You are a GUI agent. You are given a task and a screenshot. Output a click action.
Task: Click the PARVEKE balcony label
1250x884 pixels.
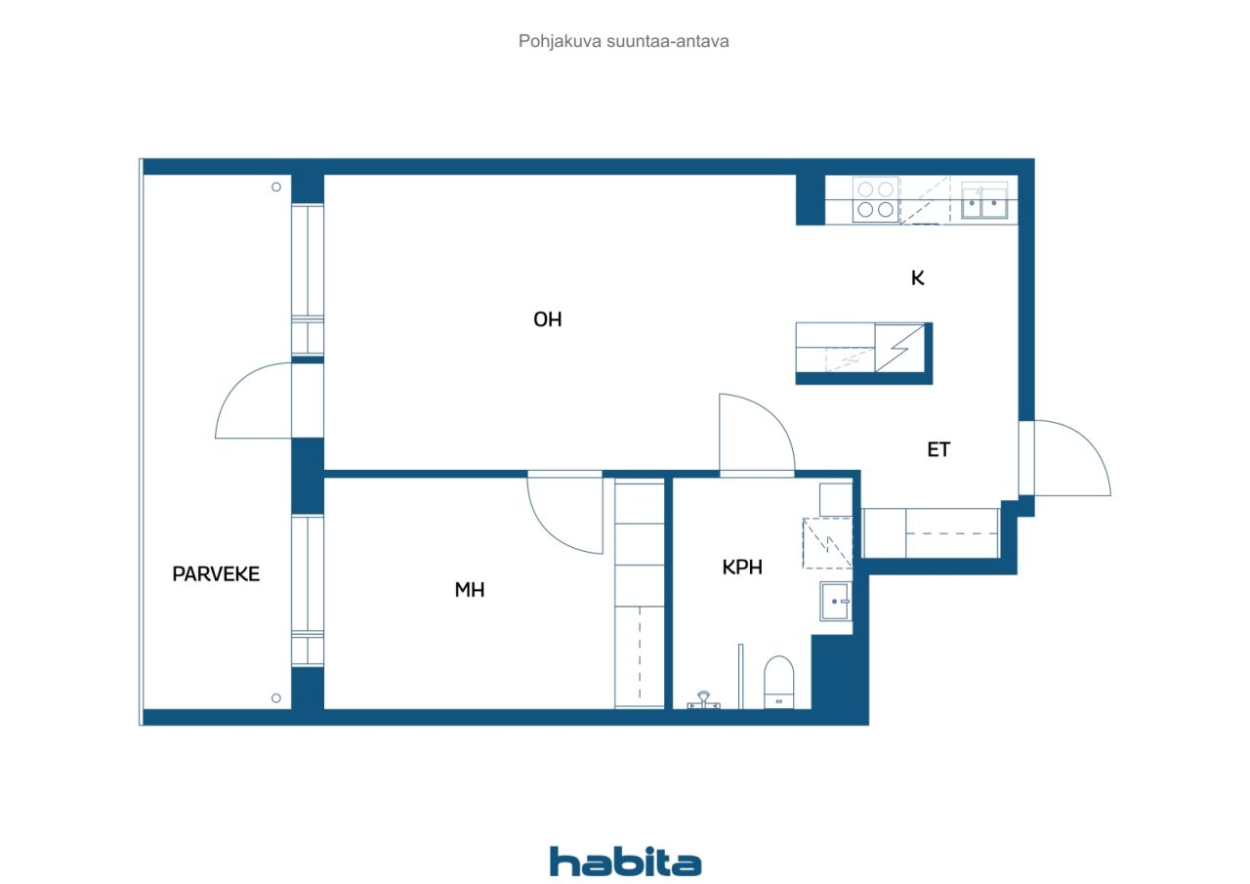tap(216, 574)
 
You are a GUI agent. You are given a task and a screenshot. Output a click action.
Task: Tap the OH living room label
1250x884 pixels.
tap(548, 319)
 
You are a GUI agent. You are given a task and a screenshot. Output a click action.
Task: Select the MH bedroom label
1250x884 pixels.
tap(470, 590)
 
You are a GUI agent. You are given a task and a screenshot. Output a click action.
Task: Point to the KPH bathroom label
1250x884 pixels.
tap(742, 568)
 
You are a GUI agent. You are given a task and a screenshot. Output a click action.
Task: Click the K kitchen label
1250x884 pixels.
tap(918, 278)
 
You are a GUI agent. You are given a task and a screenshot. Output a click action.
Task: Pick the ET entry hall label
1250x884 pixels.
tap(938, 449)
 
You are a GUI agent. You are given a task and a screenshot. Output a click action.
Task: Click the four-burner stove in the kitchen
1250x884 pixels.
tap(876, 200)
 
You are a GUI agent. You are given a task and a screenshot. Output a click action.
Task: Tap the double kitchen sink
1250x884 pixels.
tap(984, 201)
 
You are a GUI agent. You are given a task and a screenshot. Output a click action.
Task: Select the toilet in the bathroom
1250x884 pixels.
tap(778, 682)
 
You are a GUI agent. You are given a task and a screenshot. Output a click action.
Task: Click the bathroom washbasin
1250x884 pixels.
tap(835, 601)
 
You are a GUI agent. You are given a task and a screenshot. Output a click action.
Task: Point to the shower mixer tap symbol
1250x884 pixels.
tap(704, 699)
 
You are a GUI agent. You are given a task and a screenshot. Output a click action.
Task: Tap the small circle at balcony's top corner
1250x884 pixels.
tap(276, 187)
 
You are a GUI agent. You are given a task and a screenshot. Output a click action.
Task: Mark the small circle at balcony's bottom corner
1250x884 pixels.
tap(275, 698)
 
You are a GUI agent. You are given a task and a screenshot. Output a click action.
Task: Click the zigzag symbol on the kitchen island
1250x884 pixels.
tap(899, 348)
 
